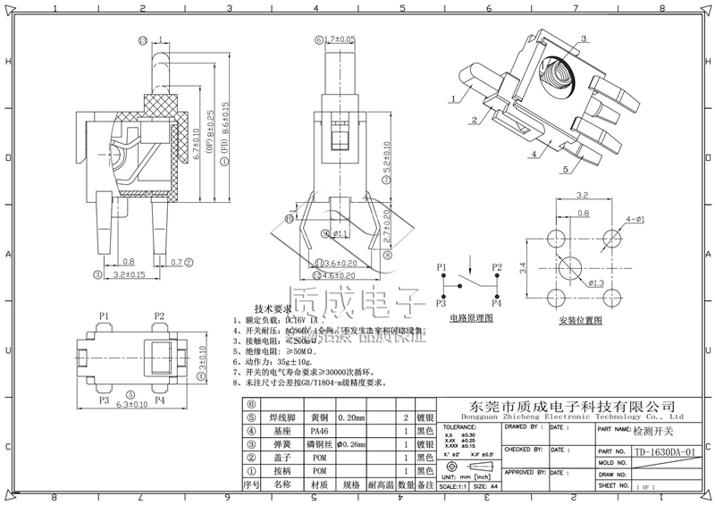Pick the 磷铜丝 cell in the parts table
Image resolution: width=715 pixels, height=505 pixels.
pos(319,444)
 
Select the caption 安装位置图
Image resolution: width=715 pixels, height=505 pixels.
pos(582,319)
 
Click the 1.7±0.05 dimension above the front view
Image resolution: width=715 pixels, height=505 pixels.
pos(340,39)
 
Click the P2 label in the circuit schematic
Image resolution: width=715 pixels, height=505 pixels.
pos(497,267)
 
